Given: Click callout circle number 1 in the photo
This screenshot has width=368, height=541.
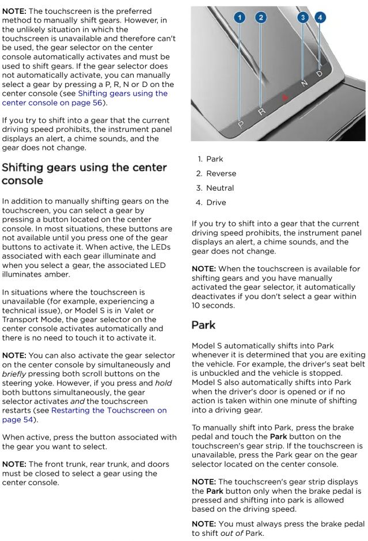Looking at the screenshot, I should click(240, 18).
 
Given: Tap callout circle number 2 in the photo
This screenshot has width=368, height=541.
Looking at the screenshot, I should click(261, 18).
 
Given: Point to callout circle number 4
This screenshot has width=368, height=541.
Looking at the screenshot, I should click(320, 18).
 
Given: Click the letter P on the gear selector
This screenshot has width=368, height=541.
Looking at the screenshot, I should click(241, 124).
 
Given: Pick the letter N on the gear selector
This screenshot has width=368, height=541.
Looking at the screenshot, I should click(304, 84).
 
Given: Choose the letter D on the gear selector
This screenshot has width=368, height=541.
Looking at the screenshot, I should click(320, 74).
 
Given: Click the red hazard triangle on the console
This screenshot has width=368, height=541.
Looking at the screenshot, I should click(284, 98).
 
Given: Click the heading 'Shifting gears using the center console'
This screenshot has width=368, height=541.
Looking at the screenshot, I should click(85, 174).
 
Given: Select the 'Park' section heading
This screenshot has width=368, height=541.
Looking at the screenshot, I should click(203, 325).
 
